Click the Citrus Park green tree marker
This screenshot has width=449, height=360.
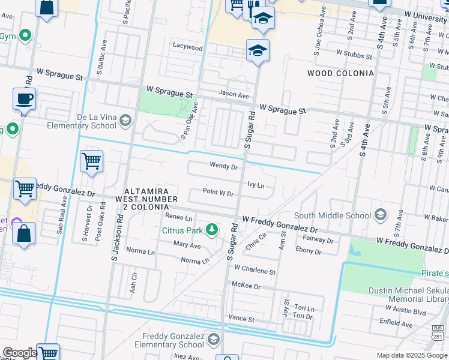coord(211,229)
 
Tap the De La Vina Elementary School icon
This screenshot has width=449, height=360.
coord(125,121)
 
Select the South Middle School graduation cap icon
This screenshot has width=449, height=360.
coord(379,215)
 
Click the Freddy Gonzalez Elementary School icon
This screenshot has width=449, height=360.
coord(212,340)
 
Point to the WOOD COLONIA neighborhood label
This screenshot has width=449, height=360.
coord(340,73)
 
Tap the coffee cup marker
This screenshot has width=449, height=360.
coord(24,99)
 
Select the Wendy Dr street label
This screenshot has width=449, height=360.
coord(224,166)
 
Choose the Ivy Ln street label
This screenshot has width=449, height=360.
coord(256,185)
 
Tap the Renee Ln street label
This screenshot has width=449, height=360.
coord(178,217)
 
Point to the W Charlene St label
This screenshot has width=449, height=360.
coord(255,271)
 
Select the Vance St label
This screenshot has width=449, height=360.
coord(241,319)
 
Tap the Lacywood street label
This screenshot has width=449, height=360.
coord(188,46)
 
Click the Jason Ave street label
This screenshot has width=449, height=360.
coord(234,95)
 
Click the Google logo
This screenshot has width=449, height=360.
coord(19,353)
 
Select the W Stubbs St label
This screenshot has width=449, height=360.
coord(355,53)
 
